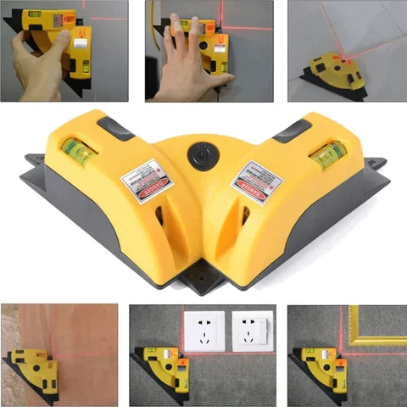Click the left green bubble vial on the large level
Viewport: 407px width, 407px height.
[x=77, y=152]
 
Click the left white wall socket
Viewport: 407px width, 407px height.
[x=204, y=332]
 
